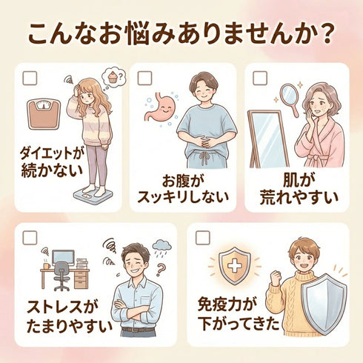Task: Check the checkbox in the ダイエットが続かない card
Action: point(30,78)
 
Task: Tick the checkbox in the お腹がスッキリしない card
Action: point(144,78)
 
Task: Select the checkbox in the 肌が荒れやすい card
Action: point(260,78)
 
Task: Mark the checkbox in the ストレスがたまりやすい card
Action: point(30,238)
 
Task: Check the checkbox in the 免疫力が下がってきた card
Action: point(202,238)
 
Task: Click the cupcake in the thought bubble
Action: point(113,77)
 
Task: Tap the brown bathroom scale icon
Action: point(44,113)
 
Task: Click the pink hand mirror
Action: point(290,98)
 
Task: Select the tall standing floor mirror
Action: point(268,139)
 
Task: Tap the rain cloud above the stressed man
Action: point(162,246)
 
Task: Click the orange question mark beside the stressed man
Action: point(161,270)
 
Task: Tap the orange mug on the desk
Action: point(47,266)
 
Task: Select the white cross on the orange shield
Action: point(234,265)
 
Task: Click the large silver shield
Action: point(324,304)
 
